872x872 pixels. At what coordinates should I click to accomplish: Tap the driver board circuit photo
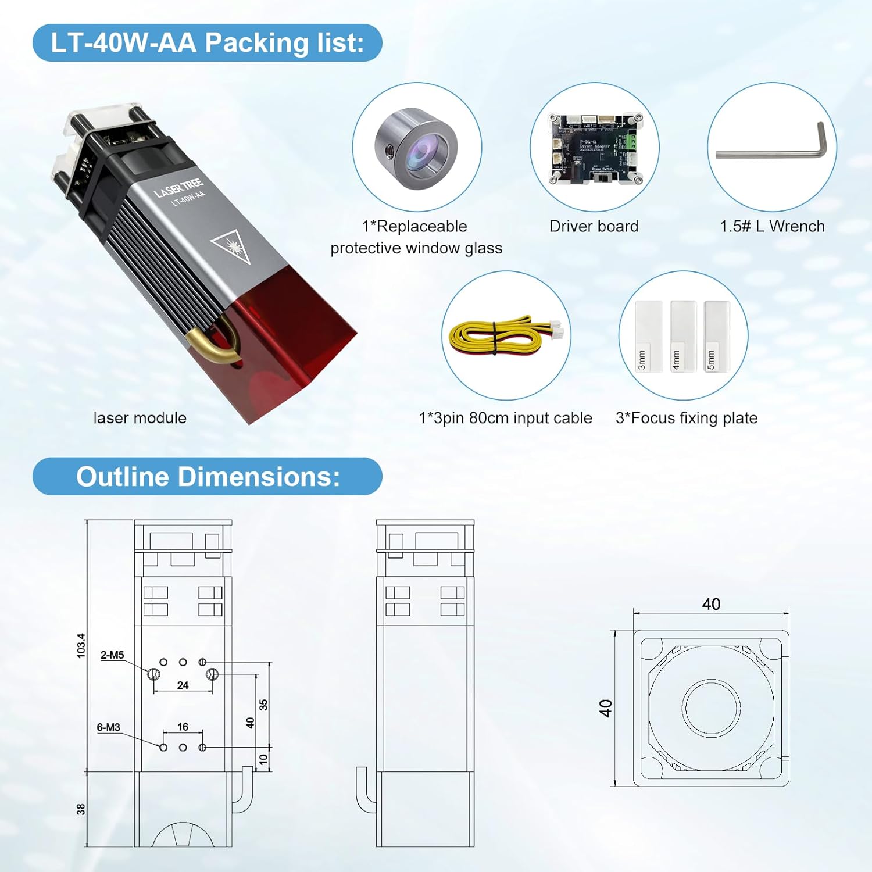[594, 148]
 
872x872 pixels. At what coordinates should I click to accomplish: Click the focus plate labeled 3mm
[648, 336]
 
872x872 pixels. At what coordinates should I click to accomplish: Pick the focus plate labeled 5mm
[716, 336]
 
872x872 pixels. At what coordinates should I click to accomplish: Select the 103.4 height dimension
[81, 645]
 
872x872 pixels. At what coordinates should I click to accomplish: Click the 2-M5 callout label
[112, 655]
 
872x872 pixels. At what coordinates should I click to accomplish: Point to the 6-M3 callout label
[108, 727]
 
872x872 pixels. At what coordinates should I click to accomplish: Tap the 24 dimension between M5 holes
[183, 685]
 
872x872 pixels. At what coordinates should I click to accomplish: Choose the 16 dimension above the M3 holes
[183, 727]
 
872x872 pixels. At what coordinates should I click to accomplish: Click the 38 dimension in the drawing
[81, 809]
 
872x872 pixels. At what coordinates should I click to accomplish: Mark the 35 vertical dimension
[263, 705]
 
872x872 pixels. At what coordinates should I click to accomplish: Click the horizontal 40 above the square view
[711, 604]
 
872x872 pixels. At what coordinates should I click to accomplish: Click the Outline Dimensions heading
[208, 477]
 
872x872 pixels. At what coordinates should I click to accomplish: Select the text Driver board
[594, 226]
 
